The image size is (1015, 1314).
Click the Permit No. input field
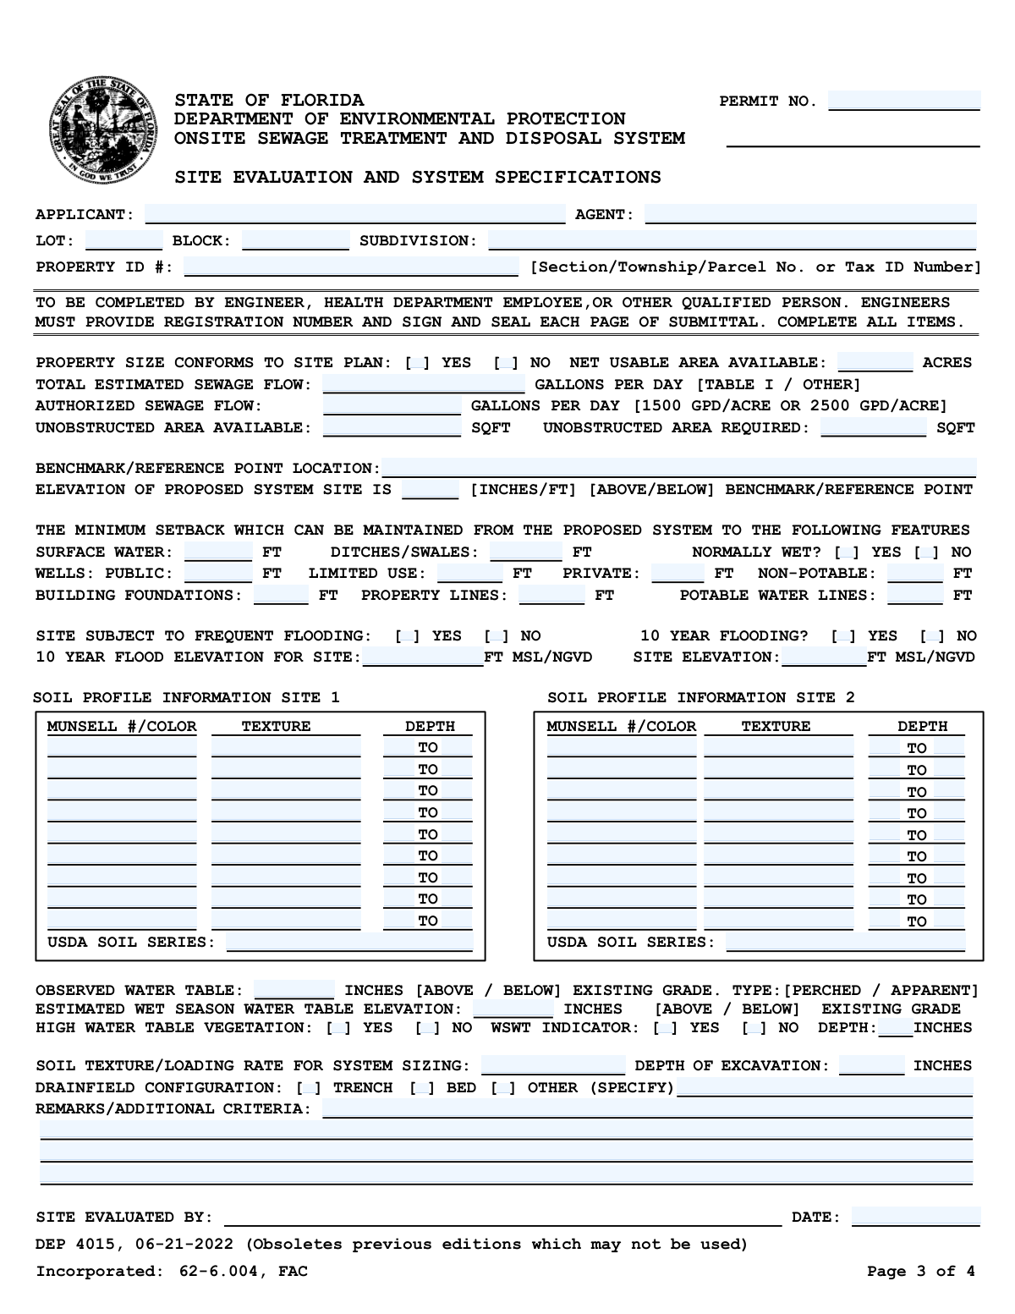904,102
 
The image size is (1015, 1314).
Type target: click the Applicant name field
354,214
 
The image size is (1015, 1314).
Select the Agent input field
810,214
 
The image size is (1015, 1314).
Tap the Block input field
295,240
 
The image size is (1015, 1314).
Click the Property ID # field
351,267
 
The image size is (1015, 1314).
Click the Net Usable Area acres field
875,362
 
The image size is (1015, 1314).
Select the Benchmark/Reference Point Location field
678,468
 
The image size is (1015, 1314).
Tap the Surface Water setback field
218,552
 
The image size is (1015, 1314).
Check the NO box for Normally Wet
927,553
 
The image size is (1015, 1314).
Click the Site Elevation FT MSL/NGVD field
824,657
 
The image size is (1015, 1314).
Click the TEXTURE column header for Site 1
276,726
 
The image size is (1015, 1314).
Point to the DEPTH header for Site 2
922,726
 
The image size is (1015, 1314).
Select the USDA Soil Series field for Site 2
845,942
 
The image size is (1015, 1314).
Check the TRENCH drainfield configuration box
310,1088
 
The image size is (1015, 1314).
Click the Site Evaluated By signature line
502,1217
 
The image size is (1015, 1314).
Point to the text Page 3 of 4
920,1271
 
